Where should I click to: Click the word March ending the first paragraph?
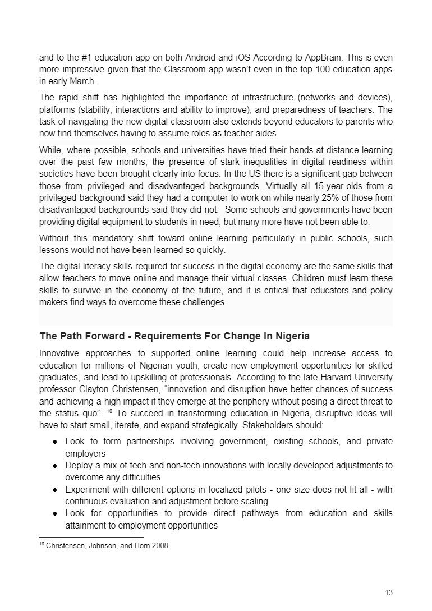click(x=84, y=81)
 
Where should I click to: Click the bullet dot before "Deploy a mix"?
click(x=56, y=466)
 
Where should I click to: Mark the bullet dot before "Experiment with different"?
click(x=56, y=489)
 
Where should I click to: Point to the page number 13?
click(x=389, y=592)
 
